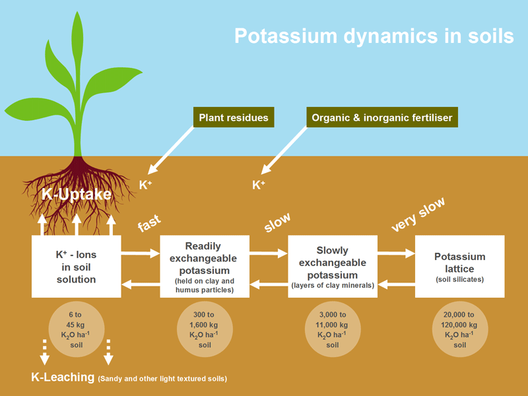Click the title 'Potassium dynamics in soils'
coord(374,36)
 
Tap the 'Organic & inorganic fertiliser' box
coord(382,118)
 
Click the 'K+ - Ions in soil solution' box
coord(76,266)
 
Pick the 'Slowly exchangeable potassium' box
coord(333,266)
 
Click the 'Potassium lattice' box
coord(460,265)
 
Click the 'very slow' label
coord(418,214)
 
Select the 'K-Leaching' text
coord(63,378)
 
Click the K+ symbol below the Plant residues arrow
coord(146,185)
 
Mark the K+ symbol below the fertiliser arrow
coord(259,185)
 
